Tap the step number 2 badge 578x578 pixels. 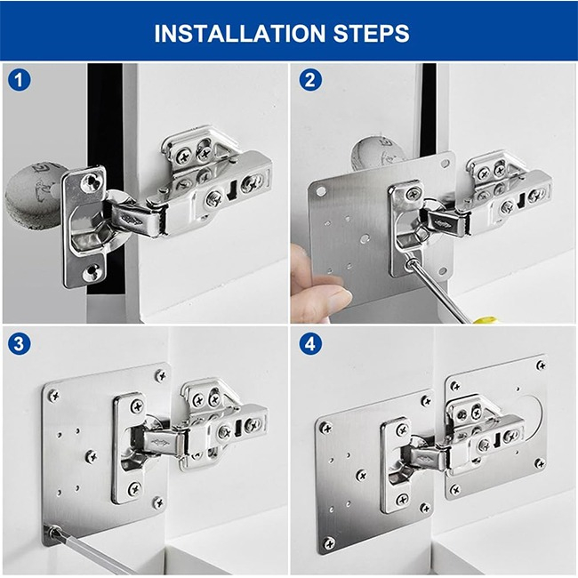[309, 79]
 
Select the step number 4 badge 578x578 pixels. [309, 342]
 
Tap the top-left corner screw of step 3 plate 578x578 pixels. [53, 394]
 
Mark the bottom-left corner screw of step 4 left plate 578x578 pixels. [330, 542]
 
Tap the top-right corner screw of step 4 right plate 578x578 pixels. [540, 365]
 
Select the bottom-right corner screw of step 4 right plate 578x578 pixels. [540, 463]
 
